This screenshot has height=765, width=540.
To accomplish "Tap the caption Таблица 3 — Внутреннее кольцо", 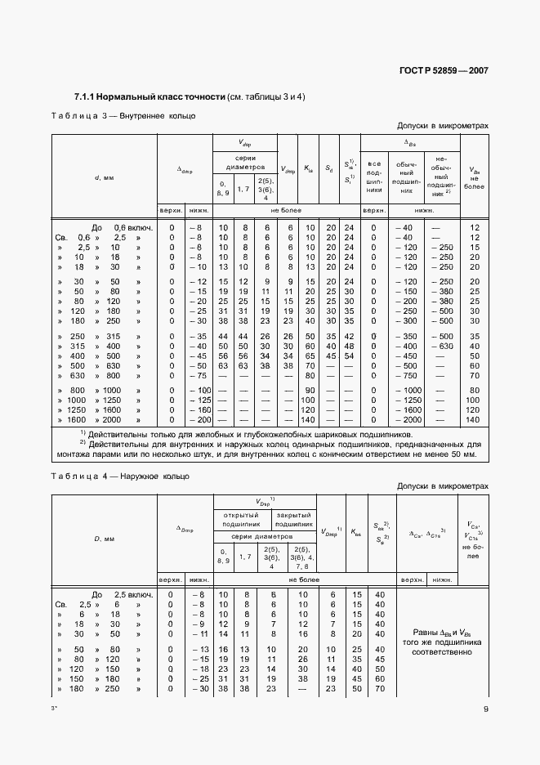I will pyautogui.click(x=123, y=116).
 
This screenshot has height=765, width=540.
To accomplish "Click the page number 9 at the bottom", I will pyautogui.click(x=485, y=709).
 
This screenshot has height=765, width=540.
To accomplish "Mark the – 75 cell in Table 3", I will pyautogui.click(x=196, y=375).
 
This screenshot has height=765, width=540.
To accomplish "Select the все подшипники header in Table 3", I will pyautogui.click(x=375, y=176).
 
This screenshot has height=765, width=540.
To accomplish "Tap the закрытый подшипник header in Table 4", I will pyautogui.click(x=292, y=518).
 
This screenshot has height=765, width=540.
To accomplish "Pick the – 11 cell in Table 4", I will pyautogui.click(x=196, y=633).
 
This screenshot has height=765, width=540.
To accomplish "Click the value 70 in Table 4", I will pyautogui.click(x=380, y=688).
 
